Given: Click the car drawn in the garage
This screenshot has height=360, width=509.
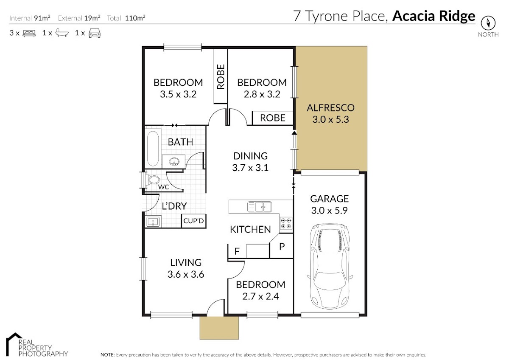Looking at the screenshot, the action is click(x=330, y=266).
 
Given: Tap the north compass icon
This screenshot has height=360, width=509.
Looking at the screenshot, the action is click(x=488, y=23).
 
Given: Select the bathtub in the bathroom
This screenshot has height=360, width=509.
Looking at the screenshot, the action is click(x=153, y=148).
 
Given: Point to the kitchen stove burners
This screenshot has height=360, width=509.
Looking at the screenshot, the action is click(x=286, y=223).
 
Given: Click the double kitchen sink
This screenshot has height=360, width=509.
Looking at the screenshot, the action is click(x=259, y=206).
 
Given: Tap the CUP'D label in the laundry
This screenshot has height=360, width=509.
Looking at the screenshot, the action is click(x=193, y=221).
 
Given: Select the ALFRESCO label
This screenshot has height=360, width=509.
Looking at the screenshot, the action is click(x=330, y=108).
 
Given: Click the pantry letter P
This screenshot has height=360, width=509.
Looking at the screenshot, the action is click(x=282, y=246).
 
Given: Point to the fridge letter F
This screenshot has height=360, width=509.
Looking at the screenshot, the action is click(x=237, y=251).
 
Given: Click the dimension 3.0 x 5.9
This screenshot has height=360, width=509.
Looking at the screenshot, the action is click(x=329, y=211).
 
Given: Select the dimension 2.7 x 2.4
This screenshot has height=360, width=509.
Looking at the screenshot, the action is click(x=260, y=296).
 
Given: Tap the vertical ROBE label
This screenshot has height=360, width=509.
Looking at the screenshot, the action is click(x=221, y=77).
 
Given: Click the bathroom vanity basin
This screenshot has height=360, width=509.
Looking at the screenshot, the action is click(x=174, y=162).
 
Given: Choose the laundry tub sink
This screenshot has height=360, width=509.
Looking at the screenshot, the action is click(x=153, y=222).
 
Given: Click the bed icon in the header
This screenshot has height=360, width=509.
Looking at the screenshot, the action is click(x=29, y=33).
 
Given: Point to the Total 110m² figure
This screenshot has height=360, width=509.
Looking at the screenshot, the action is click(x=126, y=18).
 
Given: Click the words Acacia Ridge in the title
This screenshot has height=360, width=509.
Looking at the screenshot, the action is click(x=433, y=16).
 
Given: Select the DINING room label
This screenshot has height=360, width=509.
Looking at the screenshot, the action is click(x=250, y=156).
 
